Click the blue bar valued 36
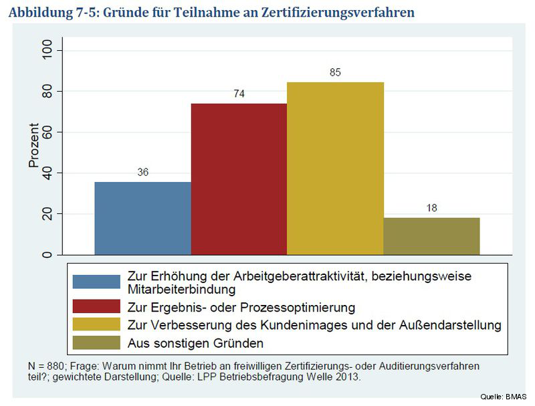pyautogui.click(x=142, y=218)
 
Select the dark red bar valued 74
pyautogui.click(x=239, y=179)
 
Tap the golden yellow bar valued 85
pyautogui.click(x=335, y=169)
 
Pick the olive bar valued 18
pyautogui.click(x=431, y=236)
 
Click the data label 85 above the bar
pyautogui.click(x=335, y=72)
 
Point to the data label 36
pyautogui.click(x=142, y=172)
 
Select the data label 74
pyautogui.click(x=239, y=94)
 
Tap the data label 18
pyautogui.click(x=431, y=208)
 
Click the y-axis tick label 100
pyautogui.click(x=47, y=51)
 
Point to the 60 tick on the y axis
pyautogui.click(x=47, y=132)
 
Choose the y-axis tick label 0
pyautogui.click(x=47, y=255)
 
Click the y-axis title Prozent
pyautogui.click(x=33, y=145)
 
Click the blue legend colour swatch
pyautogui.click(x=96, y=282)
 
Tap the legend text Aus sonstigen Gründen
pyautogui.click(x=195, y=343)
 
